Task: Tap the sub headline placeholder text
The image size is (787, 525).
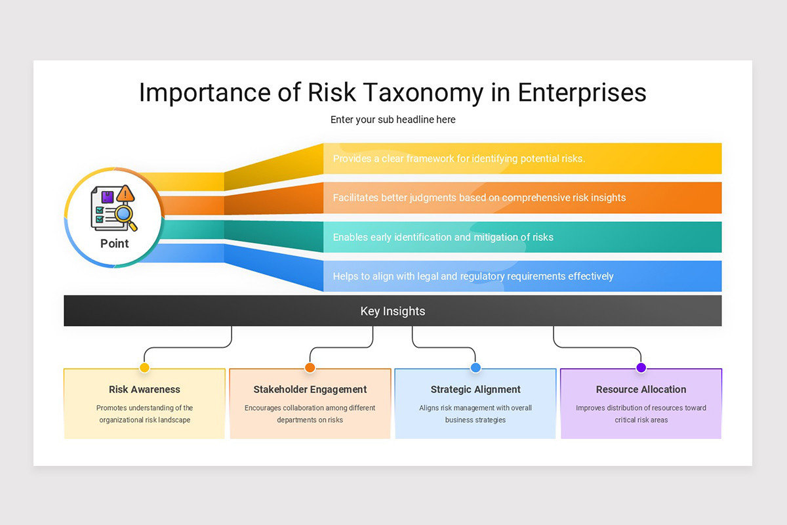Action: click(393, 119)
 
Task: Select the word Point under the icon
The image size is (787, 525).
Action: click(115, 243)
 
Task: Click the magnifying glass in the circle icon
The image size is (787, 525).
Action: click(125, 215)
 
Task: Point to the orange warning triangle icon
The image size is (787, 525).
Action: click(125, 193)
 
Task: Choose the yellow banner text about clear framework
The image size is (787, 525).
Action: click(459, 158)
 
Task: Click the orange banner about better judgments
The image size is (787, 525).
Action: click(479, 198)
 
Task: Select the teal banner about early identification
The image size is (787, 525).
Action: click(443, 237)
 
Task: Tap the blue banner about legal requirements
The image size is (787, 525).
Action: click(473, 276)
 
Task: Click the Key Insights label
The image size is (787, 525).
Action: click(393, 311)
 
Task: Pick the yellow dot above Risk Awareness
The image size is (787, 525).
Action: click(144, 367)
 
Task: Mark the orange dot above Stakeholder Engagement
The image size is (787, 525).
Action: click(310, 367)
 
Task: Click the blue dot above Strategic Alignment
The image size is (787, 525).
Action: click(475, 367)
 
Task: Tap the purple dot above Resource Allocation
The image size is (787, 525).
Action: click(641, 367)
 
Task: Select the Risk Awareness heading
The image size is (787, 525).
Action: click(144, 389)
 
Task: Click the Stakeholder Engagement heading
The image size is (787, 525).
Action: click(310, 389)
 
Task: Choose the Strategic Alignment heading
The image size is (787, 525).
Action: click(475, 389)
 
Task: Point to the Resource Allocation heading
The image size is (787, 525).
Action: click(641, 389)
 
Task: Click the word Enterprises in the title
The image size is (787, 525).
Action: click(582, 93)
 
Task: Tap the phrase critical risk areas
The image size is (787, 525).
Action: click(641, 420)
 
